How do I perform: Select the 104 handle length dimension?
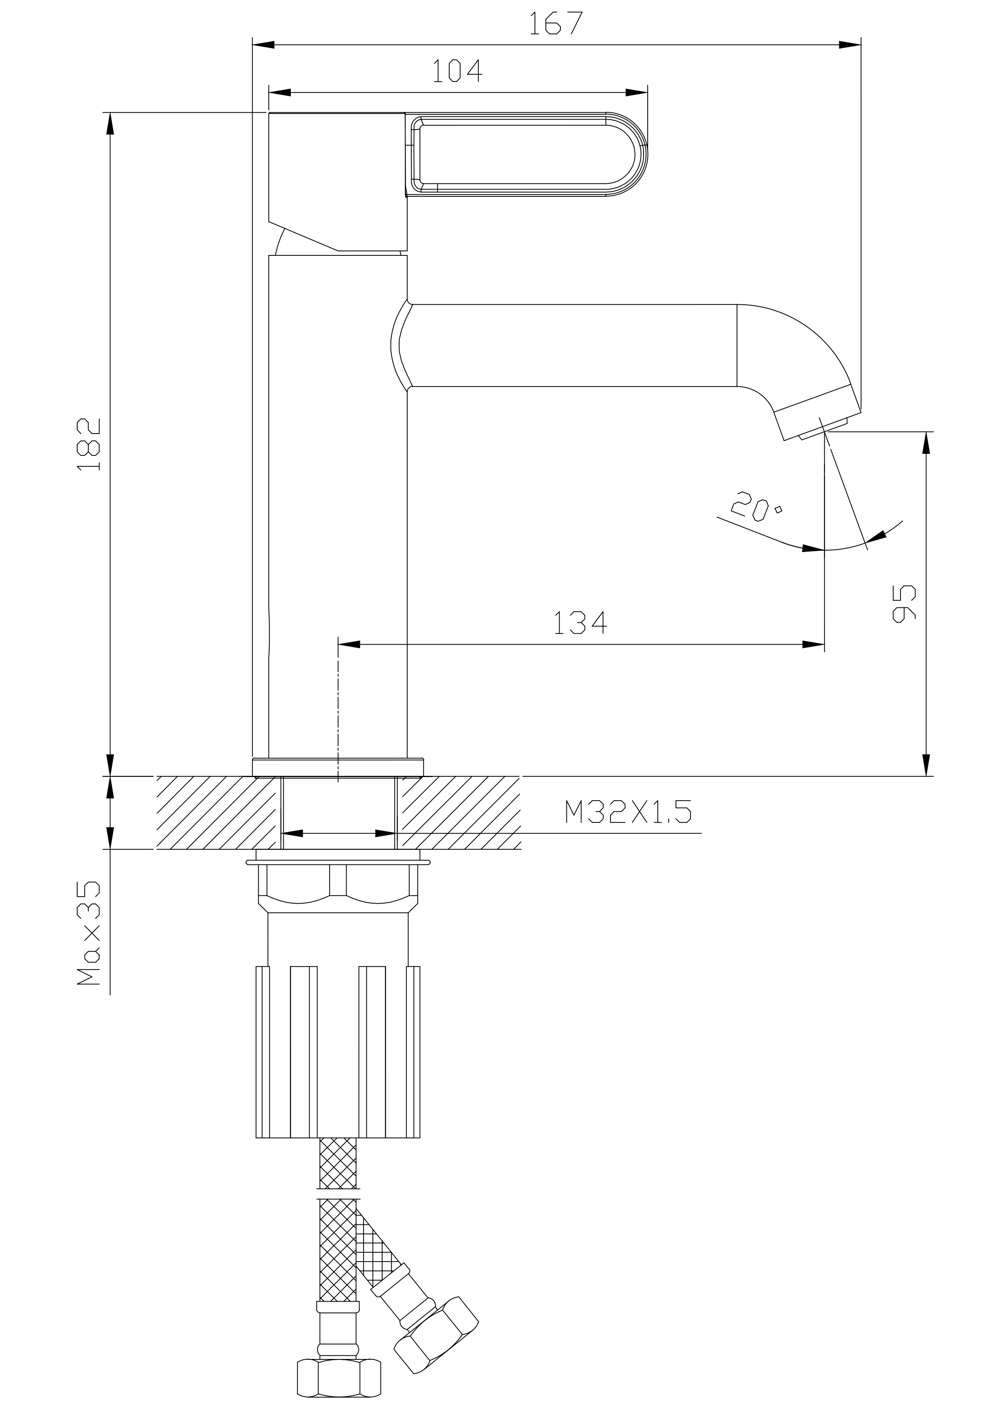pos(457,71)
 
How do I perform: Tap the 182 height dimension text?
pos(90,444)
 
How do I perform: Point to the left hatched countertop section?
pos(216,812)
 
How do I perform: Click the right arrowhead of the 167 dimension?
pos(850,44)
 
